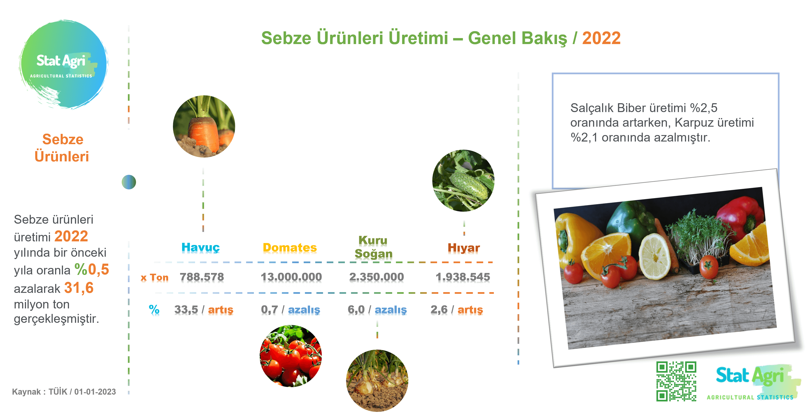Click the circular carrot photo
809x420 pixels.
point(204,126)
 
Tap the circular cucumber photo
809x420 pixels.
point(463,181)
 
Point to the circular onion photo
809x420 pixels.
point(377,380)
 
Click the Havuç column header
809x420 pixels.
point(201,247)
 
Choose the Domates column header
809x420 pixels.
point(290,247)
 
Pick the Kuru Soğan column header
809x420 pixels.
point(373,247)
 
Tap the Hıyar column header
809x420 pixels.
point(464,248)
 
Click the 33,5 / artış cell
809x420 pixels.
point(204,310)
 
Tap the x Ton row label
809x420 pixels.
point(154,278)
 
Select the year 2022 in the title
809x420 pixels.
point(601,38)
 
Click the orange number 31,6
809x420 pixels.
point(79,288)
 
